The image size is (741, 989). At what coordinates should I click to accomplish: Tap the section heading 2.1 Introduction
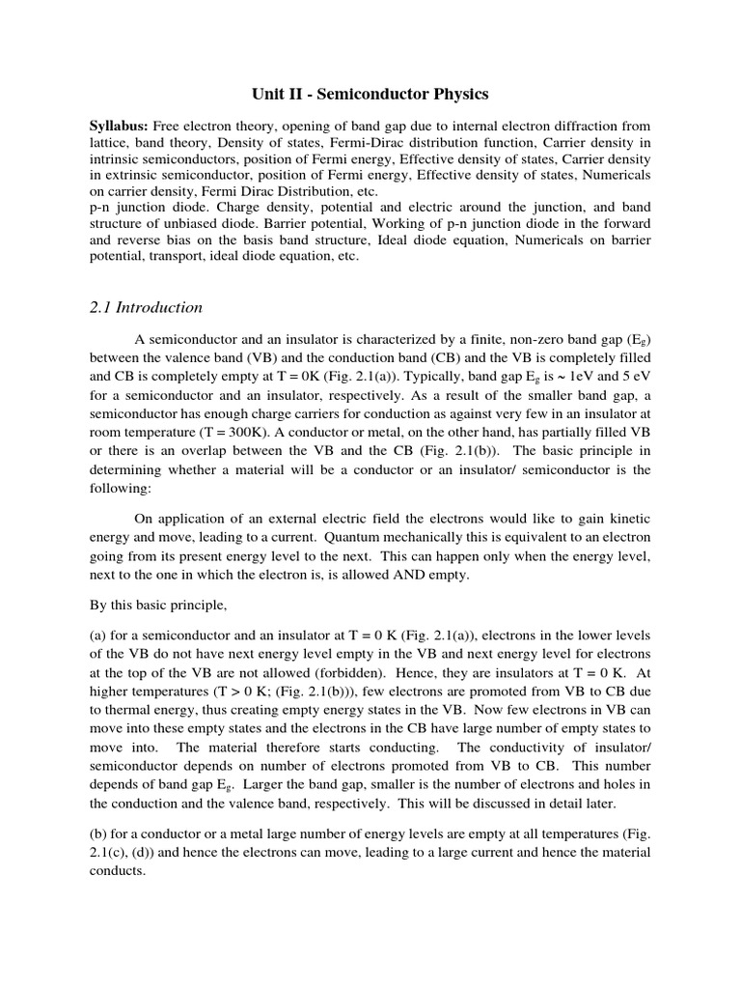tap(145, 308)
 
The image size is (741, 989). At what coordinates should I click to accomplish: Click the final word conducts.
tap(118, 869)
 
